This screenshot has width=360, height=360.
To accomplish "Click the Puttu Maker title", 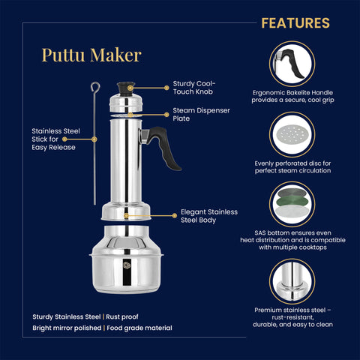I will (91, 55).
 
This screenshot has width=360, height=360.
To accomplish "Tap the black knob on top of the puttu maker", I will (127, 87).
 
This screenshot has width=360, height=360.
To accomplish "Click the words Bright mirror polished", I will (70, 328).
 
